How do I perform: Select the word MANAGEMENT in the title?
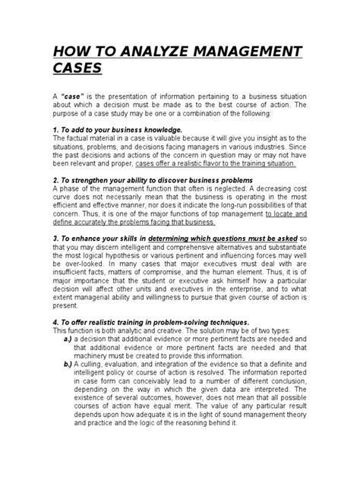[247, 53]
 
